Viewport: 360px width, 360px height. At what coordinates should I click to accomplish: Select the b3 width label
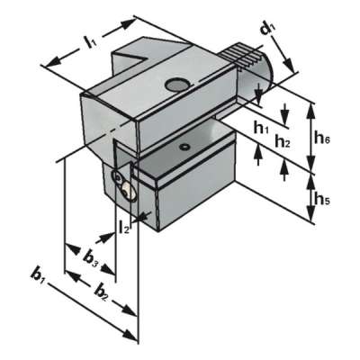(x=91, y=257)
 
